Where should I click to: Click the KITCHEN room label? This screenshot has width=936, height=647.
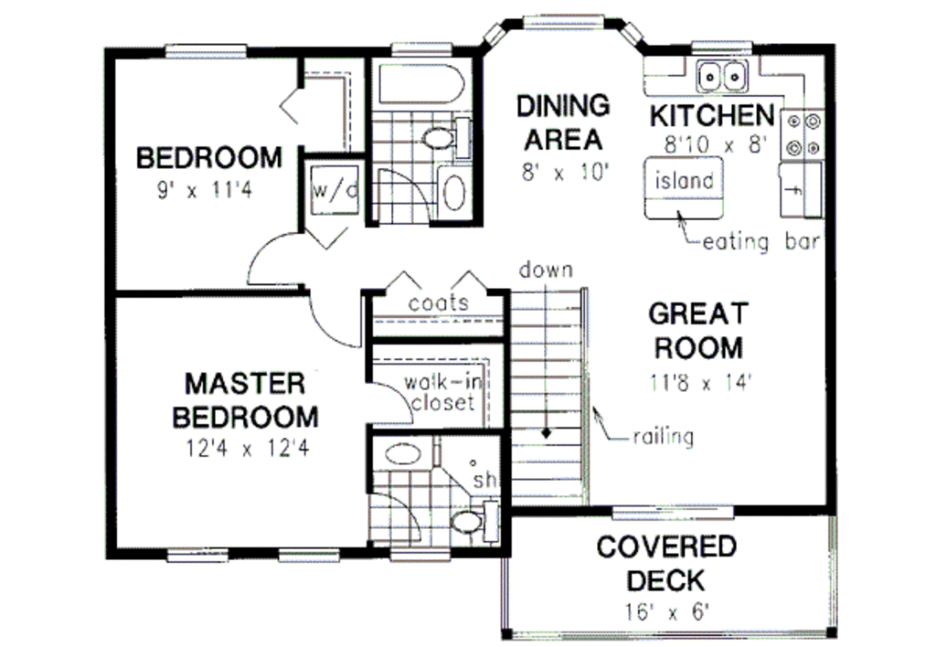[x=711, y=116]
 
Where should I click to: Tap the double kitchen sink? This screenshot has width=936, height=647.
[x=723, y=76]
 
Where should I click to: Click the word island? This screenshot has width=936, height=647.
[x=683, y=180]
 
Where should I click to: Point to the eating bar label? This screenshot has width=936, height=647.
[x=760, y=243]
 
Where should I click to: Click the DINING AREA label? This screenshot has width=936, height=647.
[x=562, y=122]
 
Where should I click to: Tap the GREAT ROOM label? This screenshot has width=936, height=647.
[x=697, y=330]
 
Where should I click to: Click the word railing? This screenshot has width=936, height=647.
[x=663, y=436]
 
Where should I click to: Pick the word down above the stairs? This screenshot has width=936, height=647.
[x=546, y=270]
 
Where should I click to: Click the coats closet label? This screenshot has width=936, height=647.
[x=439, y=302]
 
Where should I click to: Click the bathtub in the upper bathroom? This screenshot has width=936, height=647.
[x=421, y=84]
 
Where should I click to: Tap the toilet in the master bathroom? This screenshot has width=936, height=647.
[x=470, y=523]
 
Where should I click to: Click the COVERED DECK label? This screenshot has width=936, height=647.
[x=665, y=563]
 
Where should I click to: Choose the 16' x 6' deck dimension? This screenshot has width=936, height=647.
[x=665, y=610]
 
